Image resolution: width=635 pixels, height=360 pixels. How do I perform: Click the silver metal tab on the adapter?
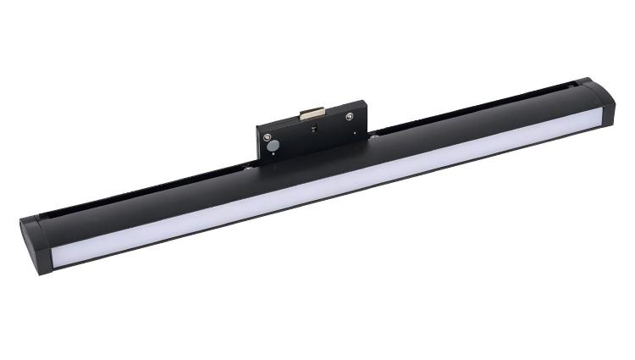tap(313, 110)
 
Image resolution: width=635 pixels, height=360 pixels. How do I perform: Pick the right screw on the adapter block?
tap(350, 117)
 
